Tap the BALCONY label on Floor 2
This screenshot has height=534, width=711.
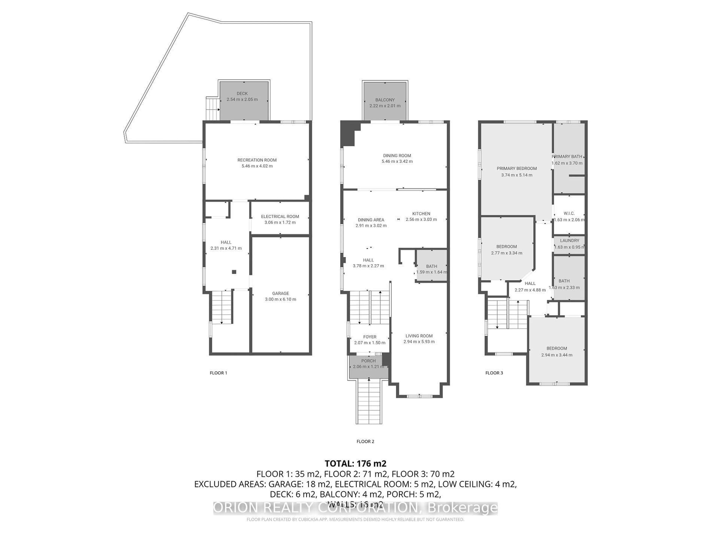[x=385, y=100]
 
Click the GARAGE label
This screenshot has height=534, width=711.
[x=280, y=293]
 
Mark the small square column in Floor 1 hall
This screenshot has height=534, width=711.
[x=234, y=272]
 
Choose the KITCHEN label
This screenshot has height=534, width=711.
[x=421, y=213]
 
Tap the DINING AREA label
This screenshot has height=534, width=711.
[x=371, y=220]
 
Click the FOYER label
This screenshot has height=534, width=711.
[x=370, y=337]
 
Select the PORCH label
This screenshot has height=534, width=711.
[x=368, y=361]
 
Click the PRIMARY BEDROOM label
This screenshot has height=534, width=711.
[x=517, y=168]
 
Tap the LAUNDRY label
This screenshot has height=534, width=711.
[x=569, y=240]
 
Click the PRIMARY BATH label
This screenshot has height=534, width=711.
[x=567, y=156]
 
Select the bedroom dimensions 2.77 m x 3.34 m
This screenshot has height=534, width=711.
[x=507, y=253]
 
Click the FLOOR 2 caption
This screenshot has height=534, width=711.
[x=365, y=441]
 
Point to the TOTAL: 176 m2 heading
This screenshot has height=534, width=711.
[x=355, y=464]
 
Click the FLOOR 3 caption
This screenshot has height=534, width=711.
[x=494, y=373]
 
